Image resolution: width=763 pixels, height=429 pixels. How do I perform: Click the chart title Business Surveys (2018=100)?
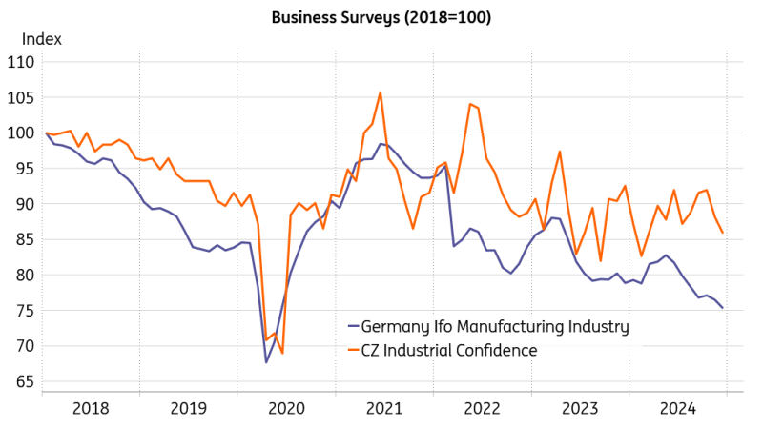(x=381, y=17)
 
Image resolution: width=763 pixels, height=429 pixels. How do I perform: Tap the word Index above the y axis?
(x=42, y=39)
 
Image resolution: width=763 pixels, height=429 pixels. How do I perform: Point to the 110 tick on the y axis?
(x=21, y=62)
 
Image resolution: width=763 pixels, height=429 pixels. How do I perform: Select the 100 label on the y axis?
(x=21, y=133)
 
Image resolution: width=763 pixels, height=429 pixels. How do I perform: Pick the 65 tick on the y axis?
(x=25, y=381)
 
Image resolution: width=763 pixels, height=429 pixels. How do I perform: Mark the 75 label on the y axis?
(x=25, y=311)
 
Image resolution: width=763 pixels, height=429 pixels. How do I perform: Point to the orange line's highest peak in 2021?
(x=381, y=92)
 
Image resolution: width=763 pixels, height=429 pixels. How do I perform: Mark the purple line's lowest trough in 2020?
(x=266, y=362)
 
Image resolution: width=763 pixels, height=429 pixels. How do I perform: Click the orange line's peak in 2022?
(x=470, y=104)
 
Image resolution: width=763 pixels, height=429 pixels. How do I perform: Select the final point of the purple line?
(x=723, y=308)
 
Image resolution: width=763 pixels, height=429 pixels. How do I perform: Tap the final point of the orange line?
(x=723, y=233)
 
